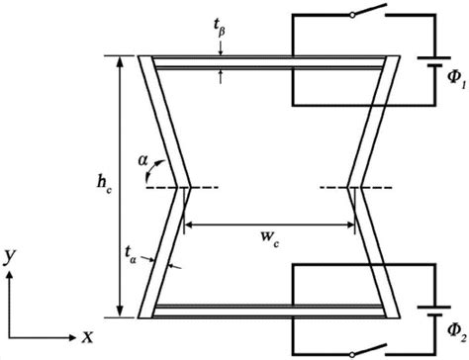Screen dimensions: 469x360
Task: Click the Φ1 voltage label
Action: (x=456, y=79)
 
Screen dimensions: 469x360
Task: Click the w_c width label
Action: (x=270, y=238)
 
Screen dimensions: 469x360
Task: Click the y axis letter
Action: (x=10, y=257)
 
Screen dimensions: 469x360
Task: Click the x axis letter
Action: (x=87, y=337)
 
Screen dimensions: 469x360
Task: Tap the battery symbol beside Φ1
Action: (x=434, y=61)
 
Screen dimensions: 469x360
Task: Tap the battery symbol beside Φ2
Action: (x=434, y=312)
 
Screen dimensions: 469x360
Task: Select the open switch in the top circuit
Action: (x=369, y=10)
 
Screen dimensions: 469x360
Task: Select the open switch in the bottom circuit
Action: (x=369, y=350)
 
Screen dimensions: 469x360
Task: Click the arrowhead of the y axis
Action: (x=10, y=274)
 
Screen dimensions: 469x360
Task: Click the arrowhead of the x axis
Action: (x=72, y=337)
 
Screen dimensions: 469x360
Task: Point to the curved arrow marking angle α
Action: (x=154, y=170)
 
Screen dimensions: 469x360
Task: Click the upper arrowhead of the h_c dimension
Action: (x=121, y=61)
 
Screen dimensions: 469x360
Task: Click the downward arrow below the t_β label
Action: (x=221, y=48)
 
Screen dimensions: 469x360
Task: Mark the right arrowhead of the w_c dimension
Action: (x=349, y=225)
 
